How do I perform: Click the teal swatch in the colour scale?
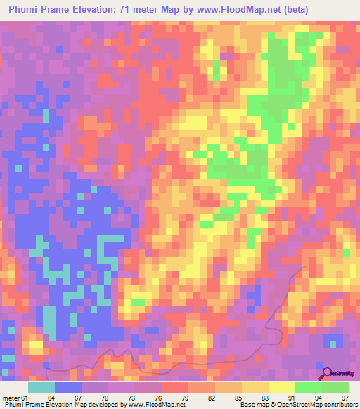pos(41,387)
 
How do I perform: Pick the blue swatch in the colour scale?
pos(68,387)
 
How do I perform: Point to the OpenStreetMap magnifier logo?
pos(327,373)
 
